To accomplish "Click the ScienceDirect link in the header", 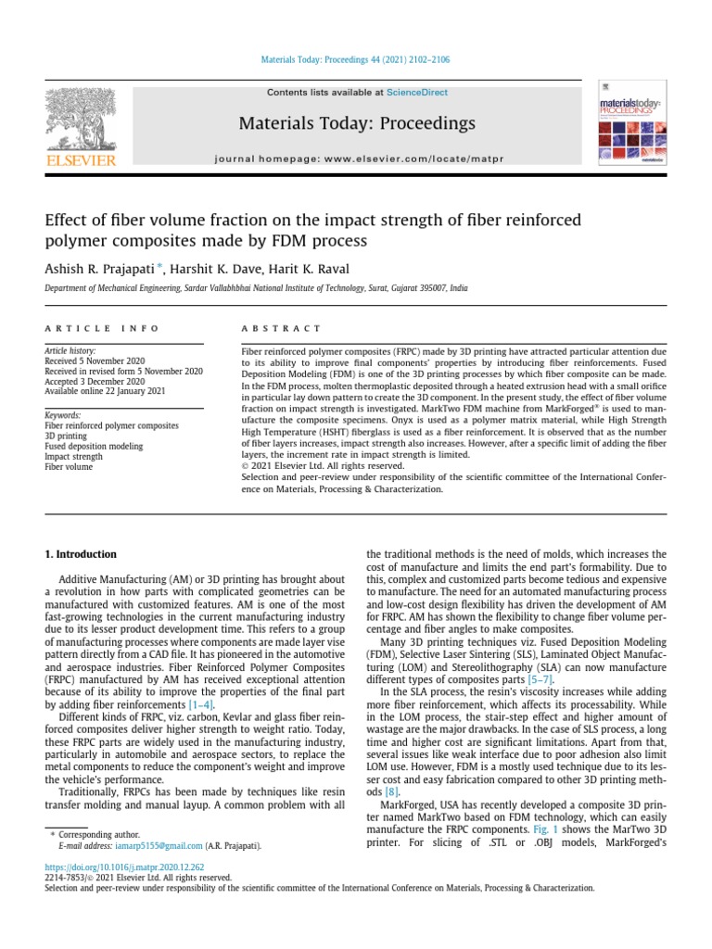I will coord(417,93).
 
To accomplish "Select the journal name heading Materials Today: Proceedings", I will coord(357,123).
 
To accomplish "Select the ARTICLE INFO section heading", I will coord(102,328).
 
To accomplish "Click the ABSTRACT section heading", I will coord(281,328).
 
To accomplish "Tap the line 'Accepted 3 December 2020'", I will coord(95,381).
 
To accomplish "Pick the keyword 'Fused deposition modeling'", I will coord(94,446).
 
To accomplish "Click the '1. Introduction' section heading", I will coord(82,554).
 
